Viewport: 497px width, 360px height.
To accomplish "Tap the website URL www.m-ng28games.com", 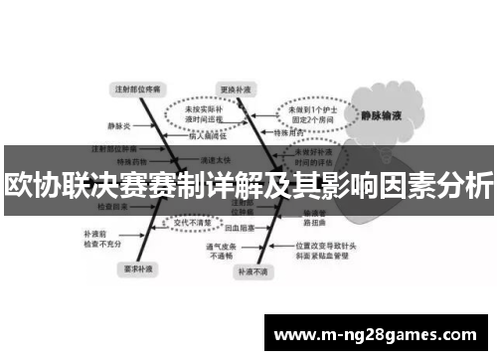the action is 379,334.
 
